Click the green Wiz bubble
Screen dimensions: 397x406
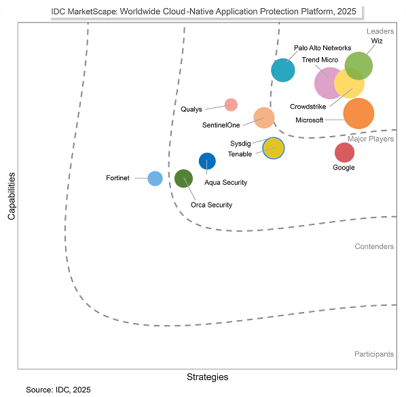(x=358, y=66)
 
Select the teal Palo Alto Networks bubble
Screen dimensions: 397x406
(x=283, y=70)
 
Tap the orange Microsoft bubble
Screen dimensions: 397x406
(x=358, y=113)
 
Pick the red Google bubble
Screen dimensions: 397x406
(x=344, y=152)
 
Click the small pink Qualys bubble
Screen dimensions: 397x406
(x=231, y=104)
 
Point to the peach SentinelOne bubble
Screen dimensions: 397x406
(x=264, y=118)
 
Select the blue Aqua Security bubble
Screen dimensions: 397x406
(x=207, y=161)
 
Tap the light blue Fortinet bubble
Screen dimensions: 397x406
(x=155, y=178)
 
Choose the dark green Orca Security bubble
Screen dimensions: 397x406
(x=183, y=179)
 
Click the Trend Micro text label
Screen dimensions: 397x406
(x=320, y=60)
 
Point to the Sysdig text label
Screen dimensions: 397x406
(x=240, y=143)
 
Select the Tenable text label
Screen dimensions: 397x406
(x=240, y=154)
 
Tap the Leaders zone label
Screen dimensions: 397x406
(x=380, y=31)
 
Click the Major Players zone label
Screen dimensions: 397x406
(x=371, y=139)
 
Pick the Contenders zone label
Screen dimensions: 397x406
(x=374, y=246)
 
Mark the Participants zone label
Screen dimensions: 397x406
(x=373, y=354)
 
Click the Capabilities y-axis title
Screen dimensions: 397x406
(x=12, y=196)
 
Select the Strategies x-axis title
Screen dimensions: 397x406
(x=207, y=377)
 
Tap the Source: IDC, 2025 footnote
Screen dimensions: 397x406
(x=58, y=390)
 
